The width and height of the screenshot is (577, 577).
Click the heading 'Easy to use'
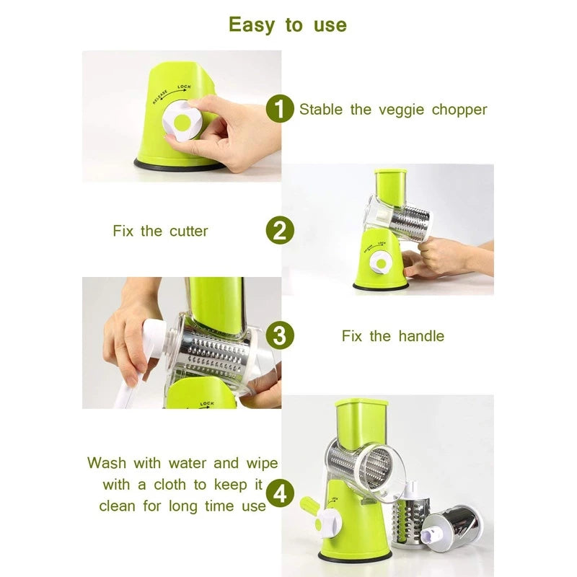tap(288, 25)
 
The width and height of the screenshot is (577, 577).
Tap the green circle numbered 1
tap(280, 110)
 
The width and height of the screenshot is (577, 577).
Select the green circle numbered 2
tap(280, 231)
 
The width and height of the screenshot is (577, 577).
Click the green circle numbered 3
tap(280, 335)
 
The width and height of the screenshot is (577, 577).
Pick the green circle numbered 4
tap(280, 495)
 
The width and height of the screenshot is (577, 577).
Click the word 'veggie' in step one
tap(401, 110)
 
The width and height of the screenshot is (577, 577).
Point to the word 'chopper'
tap(459, 110)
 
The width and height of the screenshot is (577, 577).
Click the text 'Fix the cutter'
tap(160, 232)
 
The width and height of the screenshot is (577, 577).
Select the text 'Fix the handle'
tap(392, 336)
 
